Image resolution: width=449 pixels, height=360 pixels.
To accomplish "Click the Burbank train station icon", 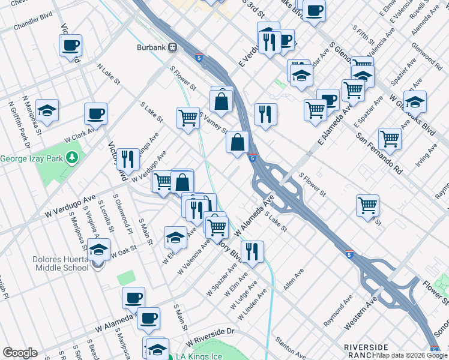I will click(x=172, y=46).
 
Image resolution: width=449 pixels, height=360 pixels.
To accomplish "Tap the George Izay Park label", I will click(x=32, y=158).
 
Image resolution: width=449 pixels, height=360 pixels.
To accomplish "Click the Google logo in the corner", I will click(x=19, y=353).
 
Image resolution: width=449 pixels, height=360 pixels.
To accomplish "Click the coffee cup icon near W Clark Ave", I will click(x=95, y=113).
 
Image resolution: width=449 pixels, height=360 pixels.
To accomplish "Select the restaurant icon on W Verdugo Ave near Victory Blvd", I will click(x=128, y=159).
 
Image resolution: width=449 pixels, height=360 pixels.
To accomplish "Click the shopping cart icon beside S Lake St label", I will click(x=188, y=117).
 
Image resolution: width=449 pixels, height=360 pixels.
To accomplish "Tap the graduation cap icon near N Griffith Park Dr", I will click(x=47, y=110).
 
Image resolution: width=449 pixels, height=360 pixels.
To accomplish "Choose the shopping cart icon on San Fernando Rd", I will click(x=390, y=139).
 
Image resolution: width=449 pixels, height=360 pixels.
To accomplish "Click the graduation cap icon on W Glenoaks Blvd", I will click(x=415, y=102).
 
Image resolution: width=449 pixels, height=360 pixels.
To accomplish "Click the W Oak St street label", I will click(x=120, y=253).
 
